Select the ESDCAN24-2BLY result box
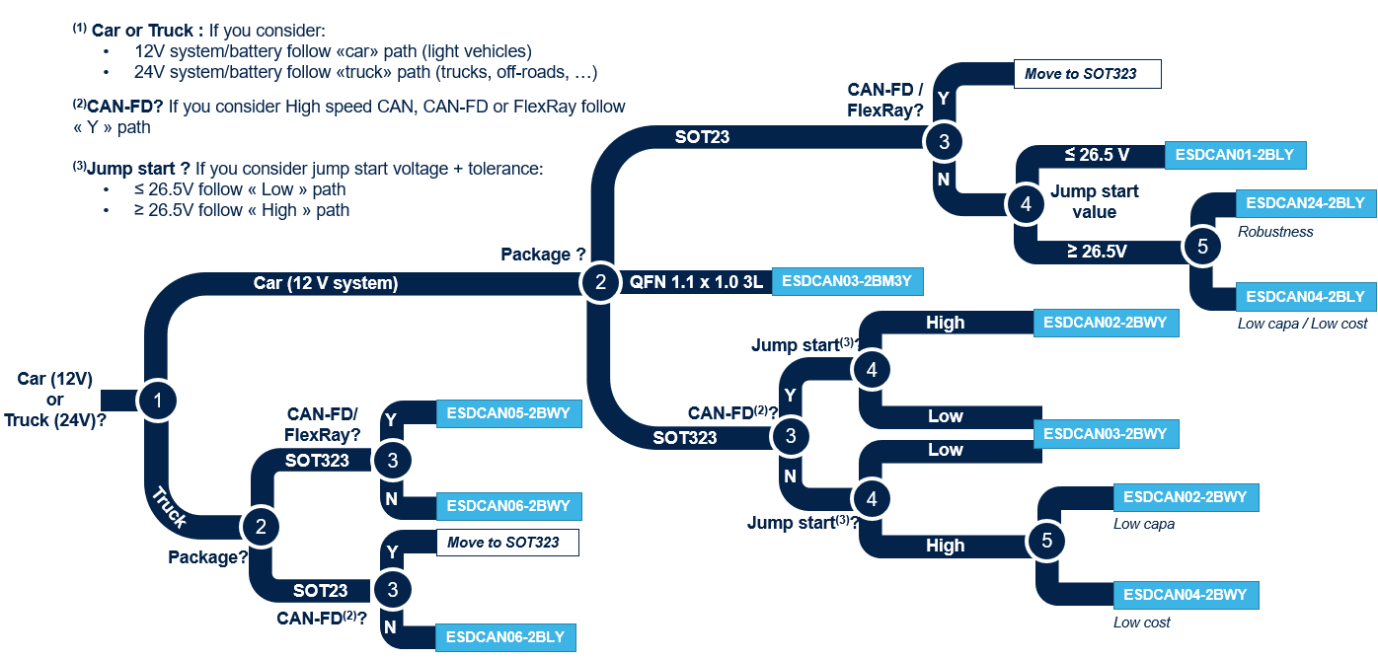[x=1305, y=203]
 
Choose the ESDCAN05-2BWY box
[x=508, y=413]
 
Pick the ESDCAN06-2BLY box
[x=504, y=637]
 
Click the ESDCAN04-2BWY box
[x=1186, y=595]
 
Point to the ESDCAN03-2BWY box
[x=1106, y=434]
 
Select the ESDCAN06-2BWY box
[x=508, y=506]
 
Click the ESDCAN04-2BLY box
[x=1305, y=296]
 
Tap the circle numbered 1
[x=158, y=400]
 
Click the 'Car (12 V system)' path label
[x=326, y=284]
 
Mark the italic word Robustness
[x=1275, y=232]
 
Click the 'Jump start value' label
[x=1094, y=201]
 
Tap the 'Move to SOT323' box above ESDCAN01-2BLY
[x=1087, y=74]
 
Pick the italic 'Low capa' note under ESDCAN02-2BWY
[x=1144, y=524]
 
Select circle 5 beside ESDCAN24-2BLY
[x=1201, y=247]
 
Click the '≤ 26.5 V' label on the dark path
[x=1096, y=156]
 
